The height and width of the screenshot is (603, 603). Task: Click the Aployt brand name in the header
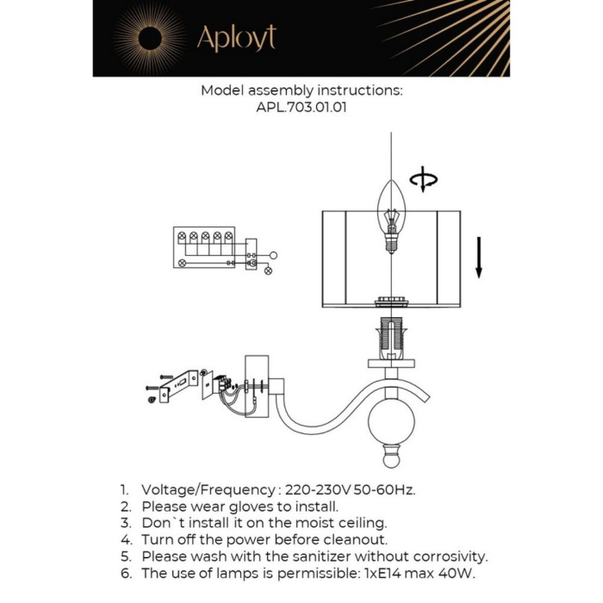pos(236,38)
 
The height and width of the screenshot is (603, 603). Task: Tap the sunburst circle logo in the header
pos(149,38)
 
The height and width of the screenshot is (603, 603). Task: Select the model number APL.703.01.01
pos(301,109)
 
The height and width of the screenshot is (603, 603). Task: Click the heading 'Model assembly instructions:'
pos(301,90)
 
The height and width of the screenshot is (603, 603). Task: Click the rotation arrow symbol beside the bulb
pos(423,181)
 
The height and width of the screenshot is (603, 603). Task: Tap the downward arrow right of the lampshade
pos(479,258)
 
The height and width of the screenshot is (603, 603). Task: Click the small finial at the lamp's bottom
pos(393,457)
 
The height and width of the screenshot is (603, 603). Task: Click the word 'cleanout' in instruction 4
pos(351,539)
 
